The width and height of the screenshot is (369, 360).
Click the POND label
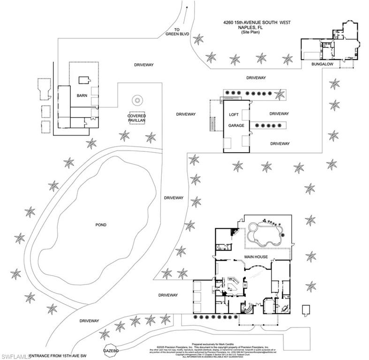pos(100,225)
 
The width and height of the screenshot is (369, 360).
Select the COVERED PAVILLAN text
pos(137,118)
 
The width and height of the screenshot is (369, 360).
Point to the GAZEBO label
pos(112,350)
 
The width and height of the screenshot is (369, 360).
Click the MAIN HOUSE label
pos(256,257)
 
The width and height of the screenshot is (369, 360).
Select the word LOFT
pos(233,115)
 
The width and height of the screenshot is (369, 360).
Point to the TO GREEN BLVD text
pos(175,31)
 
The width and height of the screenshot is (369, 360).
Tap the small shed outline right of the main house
pos(306,310)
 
